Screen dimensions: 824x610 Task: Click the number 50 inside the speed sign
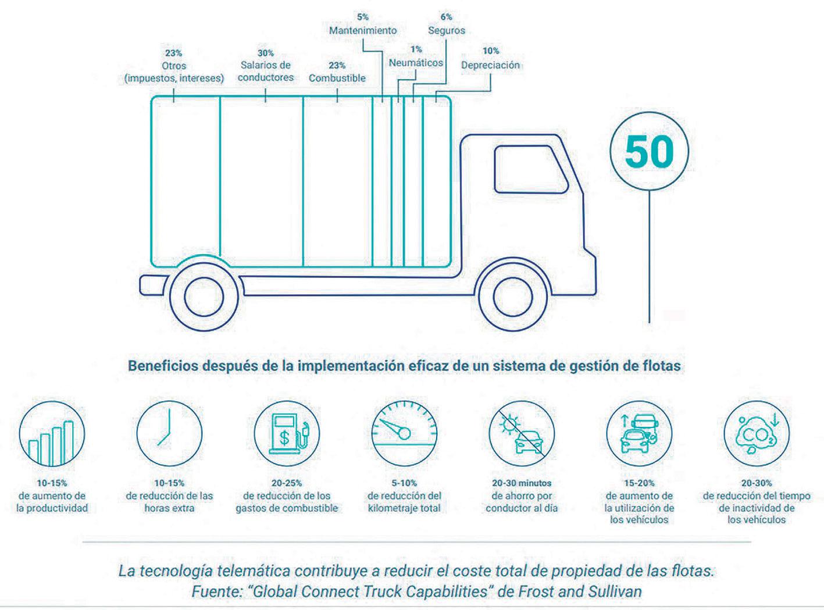pyautogui.click(x=649, y=152)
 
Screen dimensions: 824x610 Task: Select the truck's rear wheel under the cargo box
pyautogui.click(x=204, y=297)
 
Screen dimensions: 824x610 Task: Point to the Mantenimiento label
pyautogui.click(x=363, y=30)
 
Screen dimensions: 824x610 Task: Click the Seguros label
pyautogui.click(x=447, y=30)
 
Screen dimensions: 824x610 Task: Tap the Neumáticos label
pyautogui.click(x=416, y=63)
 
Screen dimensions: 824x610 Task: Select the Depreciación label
pyautogui.click(x=490, y=65)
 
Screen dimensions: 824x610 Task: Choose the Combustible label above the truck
pyautogui.click(x=337, y=78)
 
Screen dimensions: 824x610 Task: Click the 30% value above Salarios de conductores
pyautogui.click(x=266, y=53)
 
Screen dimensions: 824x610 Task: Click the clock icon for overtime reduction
pyautogui.click(x=169, y=434)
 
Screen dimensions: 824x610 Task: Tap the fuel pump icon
pyautogui.click(x=287, y=434)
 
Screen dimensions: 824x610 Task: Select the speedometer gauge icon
pyautogui.click(x=404, y=434)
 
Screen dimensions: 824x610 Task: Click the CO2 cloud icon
pyautogui.click(x=756, y=434)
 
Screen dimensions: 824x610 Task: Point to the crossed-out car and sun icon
pyautogui.click(x=522, y=434)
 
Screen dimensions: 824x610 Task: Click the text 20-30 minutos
pyautogui.click(x=522, y=483)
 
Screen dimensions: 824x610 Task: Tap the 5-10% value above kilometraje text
pyautogui.click(x=404, y=483)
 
